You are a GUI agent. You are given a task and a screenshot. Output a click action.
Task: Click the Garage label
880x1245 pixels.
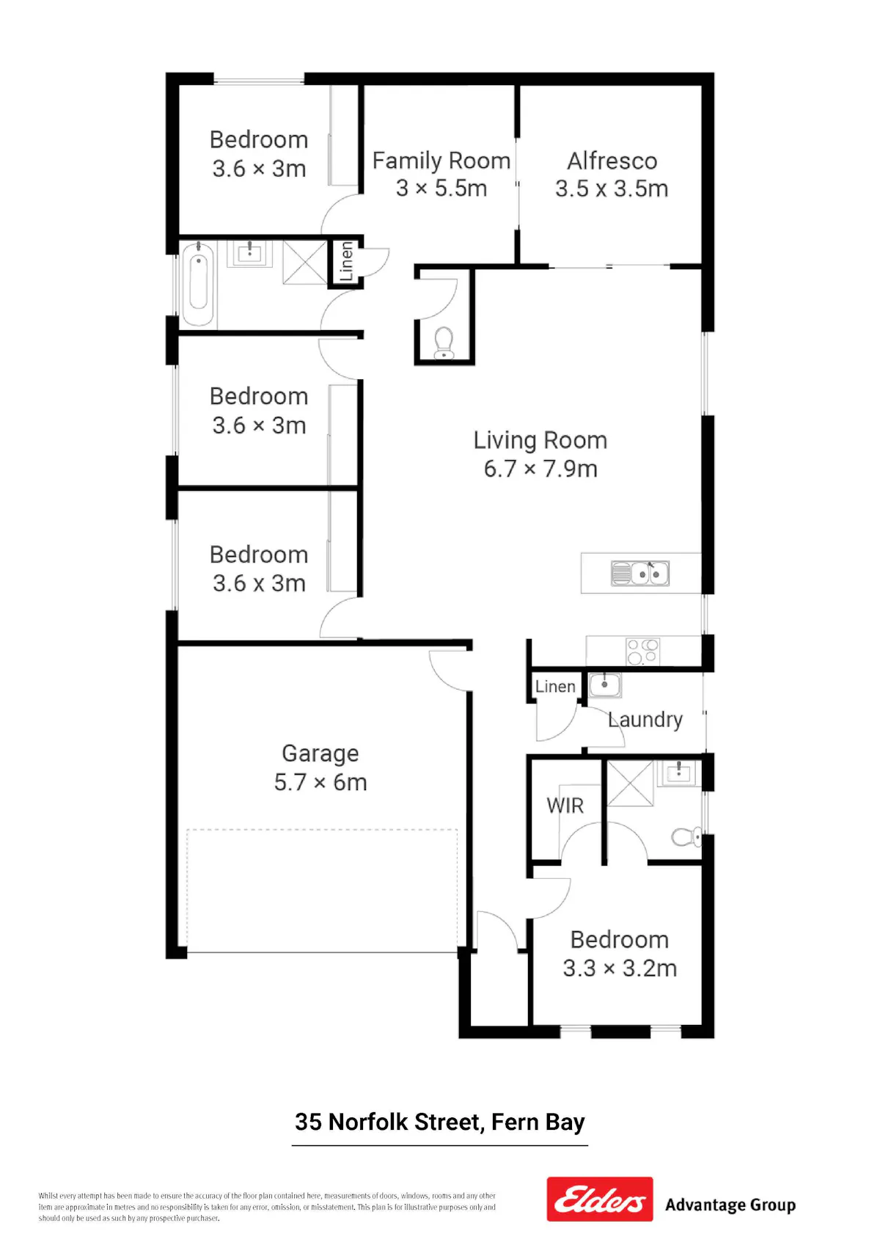[320, 753]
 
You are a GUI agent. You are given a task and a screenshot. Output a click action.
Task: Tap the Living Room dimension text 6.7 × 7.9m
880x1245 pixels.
[540, 469]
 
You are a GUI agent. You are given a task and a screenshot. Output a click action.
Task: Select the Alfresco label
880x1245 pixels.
[612, 161]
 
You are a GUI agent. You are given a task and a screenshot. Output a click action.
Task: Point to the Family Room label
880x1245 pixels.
[441, 161]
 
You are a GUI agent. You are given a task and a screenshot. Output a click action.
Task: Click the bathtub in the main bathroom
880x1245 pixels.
[198, 283]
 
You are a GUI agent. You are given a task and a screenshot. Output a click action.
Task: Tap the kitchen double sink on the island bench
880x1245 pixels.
[640, 573]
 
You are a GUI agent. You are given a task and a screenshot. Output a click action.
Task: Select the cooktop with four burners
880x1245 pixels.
[643, 651]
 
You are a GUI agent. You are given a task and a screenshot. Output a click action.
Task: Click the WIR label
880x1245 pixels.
[565, 806]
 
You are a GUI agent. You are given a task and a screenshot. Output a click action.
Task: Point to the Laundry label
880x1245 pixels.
[645, 720]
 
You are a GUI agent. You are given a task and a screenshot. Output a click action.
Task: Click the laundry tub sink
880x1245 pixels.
[604, 684]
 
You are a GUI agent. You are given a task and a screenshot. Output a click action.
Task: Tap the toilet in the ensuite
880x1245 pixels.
[686, 836]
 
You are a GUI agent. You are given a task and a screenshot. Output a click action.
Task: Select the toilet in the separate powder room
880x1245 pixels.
[444, 343]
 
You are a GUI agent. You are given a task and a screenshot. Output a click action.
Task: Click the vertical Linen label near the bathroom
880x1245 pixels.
[346, 261]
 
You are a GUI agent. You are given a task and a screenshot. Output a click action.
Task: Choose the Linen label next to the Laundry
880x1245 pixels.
[555, 687]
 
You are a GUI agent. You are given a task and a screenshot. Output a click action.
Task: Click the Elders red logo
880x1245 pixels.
[599, 1198]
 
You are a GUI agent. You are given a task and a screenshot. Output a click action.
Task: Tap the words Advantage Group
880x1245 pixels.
[730, 1205]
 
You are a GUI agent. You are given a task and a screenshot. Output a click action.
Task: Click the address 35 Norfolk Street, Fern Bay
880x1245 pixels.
[439, 1122]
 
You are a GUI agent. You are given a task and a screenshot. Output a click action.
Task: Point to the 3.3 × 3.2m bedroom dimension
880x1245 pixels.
[620, 968]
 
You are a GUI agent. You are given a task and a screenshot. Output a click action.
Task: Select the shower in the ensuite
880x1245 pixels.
[630, 783]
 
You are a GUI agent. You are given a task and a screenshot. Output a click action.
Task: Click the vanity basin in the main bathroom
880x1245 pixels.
[249, 253]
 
